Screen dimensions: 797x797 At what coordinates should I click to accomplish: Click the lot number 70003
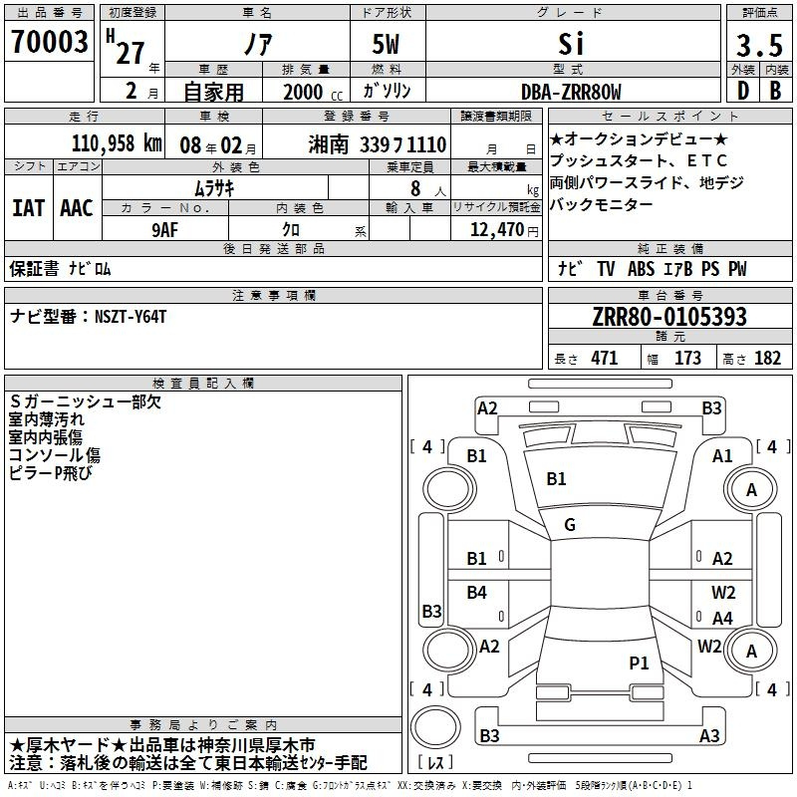(49, 42)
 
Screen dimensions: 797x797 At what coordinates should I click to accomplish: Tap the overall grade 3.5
(759, 46)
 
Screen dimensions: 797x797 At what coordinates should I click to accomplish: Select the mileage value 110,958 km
(117, 143)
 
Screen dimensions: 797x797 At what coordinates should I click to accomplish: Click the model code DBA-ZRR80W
(571, 92)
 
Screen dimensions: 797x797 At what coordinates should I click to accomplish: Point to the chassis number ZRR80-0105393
(669, 317)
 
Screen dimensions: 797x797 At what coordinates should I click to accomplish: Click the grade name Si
(571, 44)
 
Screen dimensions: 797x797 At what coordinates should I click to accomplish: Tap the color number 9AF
(165, 230)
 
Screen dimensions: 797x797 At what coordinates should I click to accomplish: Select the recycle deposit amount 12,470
(496, 229)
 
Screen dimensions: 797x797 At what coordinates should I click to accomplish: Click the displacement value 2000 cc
(313, 92)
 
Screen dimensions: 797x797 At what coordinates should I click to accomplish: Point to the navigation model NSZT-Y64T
(131, 317)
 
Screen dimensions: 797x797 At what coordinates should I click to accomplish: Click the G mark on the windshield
(570, 525)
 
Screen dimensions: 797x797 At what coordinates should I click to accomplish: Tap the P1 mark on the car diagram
(639, 663)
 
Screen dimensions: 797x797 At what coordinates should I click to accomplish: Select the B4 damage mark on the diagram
(477, 592)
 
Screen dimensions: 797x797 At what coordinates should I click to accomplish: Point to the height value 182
(767, 359)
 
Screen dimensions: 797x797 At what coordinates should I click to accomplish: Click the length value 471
(605, 359)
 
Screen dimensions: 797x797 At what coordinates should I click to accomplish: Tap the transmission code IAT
(29, 208)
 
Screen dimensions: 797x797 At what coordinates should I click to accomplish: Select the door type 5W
(386, 44)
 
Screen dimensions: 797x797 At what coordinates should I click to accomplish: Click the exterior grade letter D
(743, 91)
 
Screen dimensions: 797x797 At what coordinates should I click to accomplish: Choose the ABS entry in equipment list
(641, 269)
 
